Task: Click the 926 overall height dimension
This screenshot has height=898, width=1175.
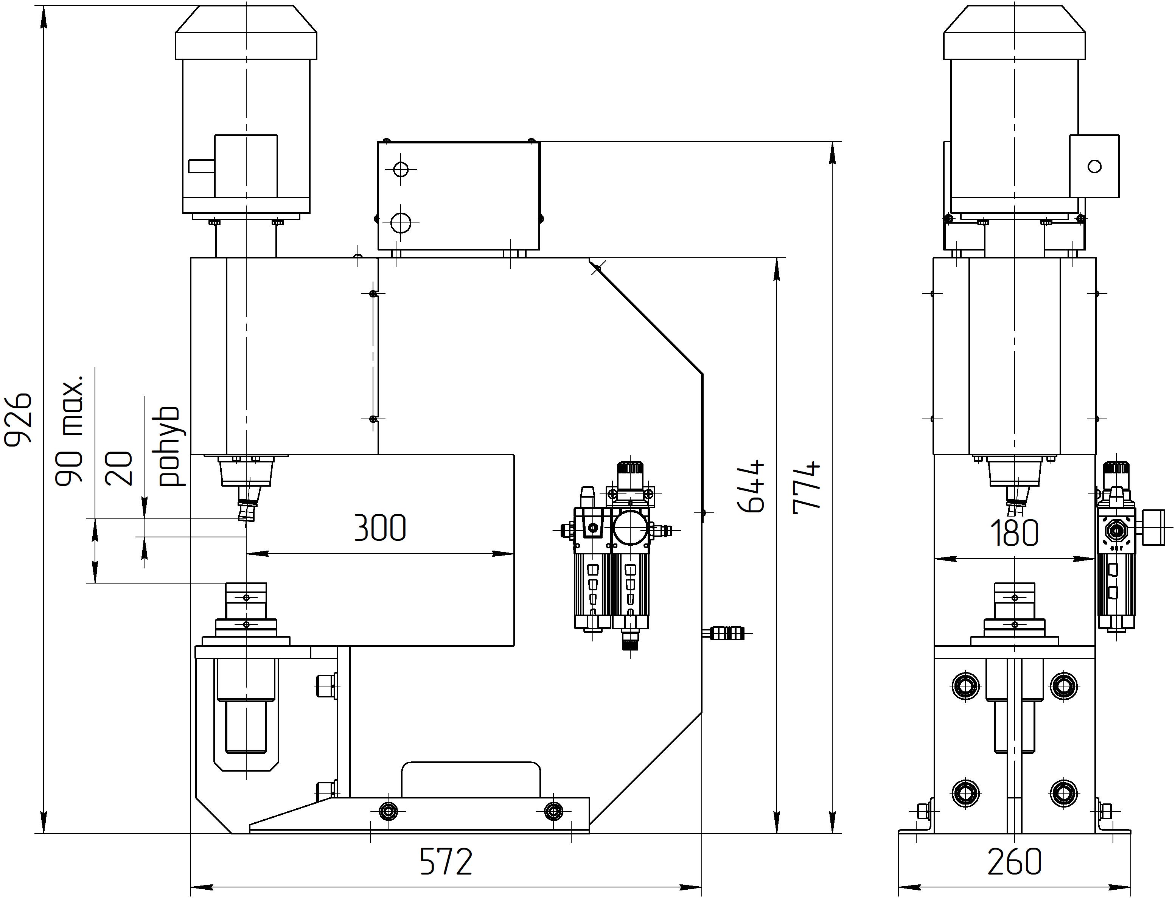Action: click(x=18, y=418)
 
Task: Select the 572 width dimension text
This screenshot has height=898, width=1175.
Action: click(x=446, y=861)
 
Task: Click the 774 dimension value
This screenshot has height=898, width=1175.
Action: click(x=806, y=486)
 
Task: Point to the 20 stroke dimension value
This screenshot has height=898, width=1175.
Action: click(x=119, y=468)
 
